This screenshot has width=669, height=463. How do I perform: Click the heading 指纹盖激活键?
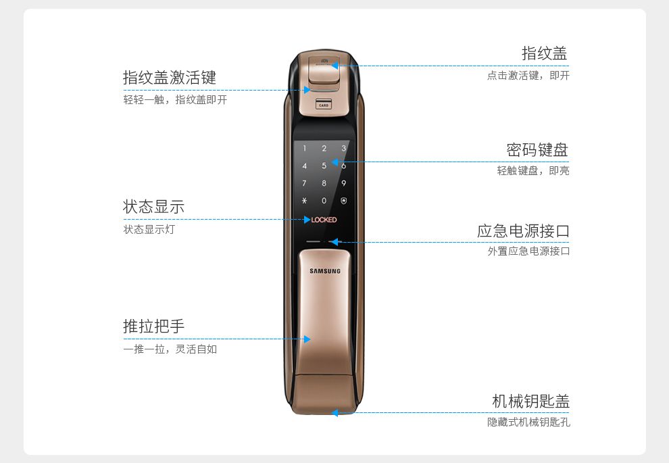tap(169, 78)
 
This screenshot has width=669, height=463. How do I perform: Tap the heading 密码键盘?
tap(537, 149)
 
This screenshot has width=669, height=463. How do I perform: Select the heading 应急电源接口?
tap(523, 231)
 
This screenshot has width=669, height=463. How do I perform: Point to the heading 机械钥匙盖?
tap(530, 401)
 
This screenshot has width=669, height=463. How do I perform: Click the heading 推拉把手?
tap(153, 326)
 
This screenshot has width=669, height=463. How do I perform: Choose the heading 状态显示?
tap(153, 207)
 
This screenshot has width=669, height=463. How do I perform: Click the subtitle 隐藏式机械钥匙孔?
tap(528, 422)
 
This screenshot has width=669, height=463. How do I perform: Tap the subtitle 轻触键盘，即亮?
tap(533, 171)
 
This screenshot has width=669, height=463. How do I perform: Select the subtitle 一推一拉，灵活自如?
tap(170, 349)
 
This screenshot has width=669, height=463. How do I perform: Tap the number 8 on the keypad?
tap(324, 183)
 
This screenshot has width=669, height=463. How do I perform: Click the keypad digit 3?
tap(343, 149)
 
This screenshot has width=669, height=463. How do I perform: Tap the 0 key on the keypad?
tap(324, 201)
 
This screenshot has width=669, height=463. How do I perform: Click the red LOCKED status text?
tap(324, 220)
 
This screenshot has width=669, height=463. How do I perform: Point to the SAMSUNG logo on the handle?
tap(325, 271)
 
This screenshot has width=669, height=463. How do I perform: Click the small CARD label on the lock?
tap(324, 105)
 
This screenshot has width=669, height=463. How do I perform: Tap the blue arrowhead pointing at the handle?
tap(306, 339)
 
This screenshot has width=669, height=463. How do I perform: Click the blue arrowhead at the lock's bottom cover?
tap(334, 412)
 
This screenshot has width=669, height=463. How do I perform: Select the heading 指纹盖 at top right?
tap(544, 53)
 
